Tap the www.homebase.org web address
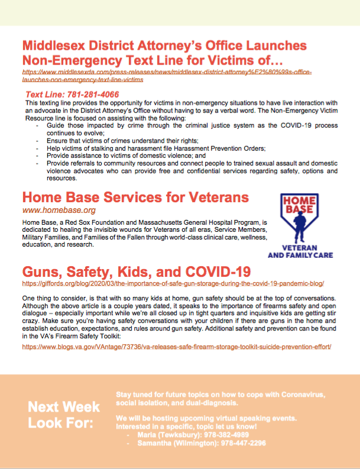(59, 210)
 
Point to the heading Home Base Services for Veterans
(135, 197)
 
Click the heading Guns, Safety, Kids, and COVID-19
(137, 271)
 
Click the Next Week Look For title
(64, 415)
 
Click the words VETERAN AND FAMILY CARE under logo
(301, 251)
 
